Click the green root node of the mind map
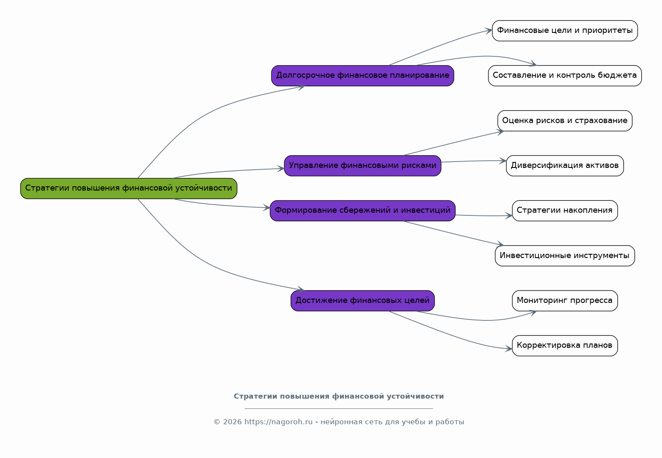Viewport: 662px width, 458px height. point(129,188)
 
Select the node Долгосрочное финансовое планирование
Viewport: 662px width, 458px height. point(362,76)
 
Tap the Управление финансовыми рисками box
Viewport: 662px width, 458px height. point(362,166)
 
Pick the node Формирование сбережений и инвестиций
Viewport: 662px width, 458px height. point(362,211)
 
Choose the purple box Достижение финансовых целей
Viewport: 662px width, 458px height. point(362,301)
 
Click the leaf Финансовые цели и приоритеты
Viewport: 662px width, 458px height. point(565,31)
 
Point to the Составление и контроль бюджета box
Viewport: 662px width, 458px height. point(565,76)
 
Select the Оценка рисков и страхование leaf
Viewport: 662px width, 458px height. point(565,121)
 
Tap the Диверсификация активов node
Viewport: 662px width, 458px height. point(565,166)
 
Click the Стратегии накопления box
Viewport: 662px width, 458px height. point(565,211)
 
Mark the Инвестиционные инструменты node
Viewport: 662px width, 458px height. point(565,256)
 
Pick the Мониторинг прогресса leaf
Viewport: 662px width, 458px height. point(565,301)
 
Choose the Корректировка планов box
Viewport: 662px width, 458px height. point(565,346)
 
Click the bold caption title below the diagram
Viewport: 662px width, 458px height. point(338,396)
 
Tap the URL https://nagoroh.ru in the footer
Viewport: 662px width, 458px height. point(278,422)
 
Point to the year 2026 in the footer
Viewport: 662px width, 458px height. point(232,422)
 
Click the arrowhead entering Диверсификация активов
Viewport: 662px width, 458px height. point(503,161)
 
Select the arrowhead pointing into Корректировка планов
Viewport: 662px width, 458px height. point(509,349)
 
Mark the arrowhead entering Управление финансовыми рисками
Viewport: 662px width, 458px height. point(281,169)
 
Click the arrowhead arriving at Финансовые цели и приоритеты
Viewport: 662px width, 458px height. point(488,30)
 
